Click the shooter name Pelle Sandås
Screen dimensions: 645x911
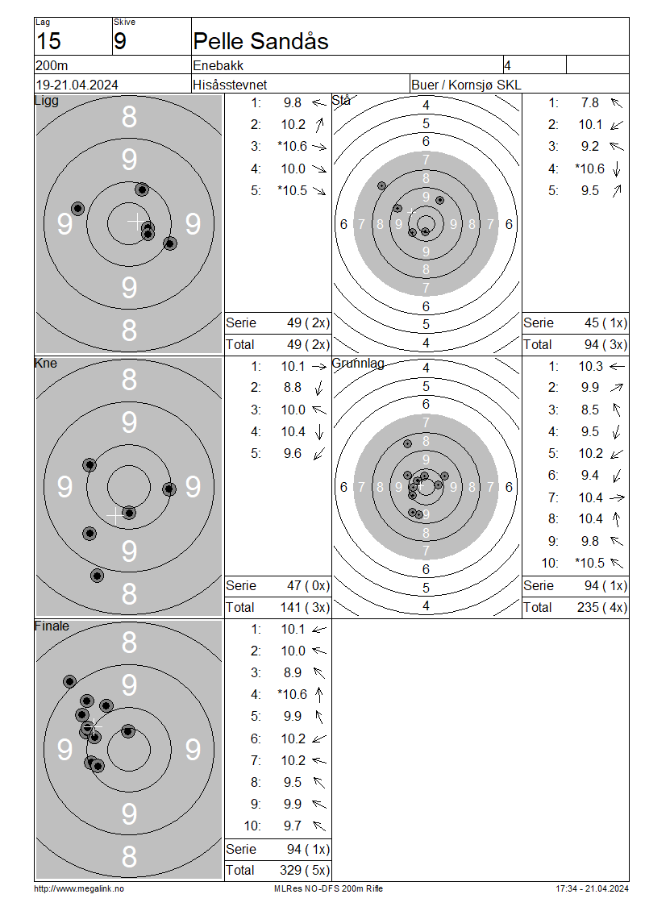pos(260,41)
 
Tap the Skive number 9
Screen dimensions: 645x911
pos(119,41)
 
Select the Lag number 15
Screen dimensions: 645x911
pos(48,41)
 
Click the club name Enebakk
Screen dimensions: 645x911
pos(218,65)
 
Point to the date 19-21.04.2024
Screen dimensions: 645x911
pos(77,85)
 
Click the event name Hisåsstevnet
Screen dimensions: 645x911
pos(230,85)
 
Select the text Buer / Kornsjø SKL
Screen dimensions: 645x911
pos(466,85)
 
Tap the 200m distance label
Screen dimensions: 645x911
pos(52,65)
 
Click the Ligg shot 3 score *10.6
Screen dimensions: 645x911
pos(293,147)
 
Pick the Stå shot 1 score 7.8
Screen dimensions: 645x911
pos(590,103)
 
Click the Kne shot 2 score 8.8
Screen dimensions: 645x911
pos(293,388)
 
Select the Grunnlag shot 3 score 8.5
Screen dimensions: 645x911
pos(590,410)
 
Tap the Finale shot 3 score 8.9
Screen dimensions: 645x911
pos(293,673)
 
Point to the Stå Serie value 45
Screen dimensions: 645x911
pos(592,323)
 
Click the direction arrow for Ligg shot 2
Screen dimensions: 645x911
pos(319,124)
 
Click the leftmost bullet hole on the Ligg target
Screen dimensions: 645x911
pos(77,209)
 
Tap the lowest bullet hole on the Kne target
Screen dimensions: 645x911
pos(97,576)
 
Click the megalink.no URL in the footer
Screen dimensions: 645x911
pos(79,888)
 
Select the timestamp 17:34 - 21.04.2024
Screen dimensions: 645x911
pos(592,888)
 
